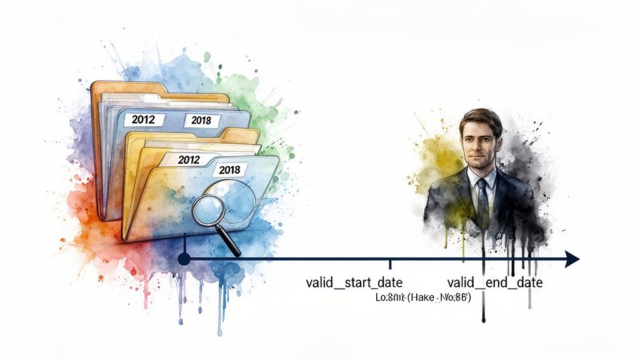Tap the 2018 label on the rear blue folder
click(201, 121)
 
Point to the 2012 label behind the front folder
click(189, 159)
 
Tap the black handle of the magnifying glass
click(232, 244)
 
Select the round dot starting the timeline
click(184, 259)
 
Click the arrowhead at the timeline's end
click(571, 259)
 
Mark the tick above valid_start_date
click(390, 265)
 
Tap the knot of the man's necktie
click(481, 182)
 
